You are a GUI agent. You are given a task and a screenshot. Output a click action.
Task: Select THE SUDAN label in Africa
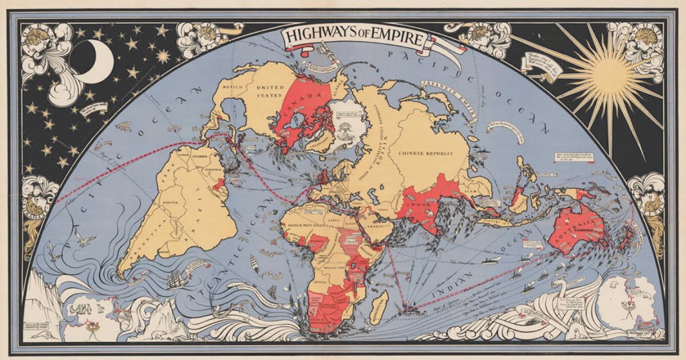(x=350, y=240)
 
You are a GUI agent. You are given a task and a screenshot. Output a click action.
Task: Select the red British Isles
(x=322, y=176)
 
